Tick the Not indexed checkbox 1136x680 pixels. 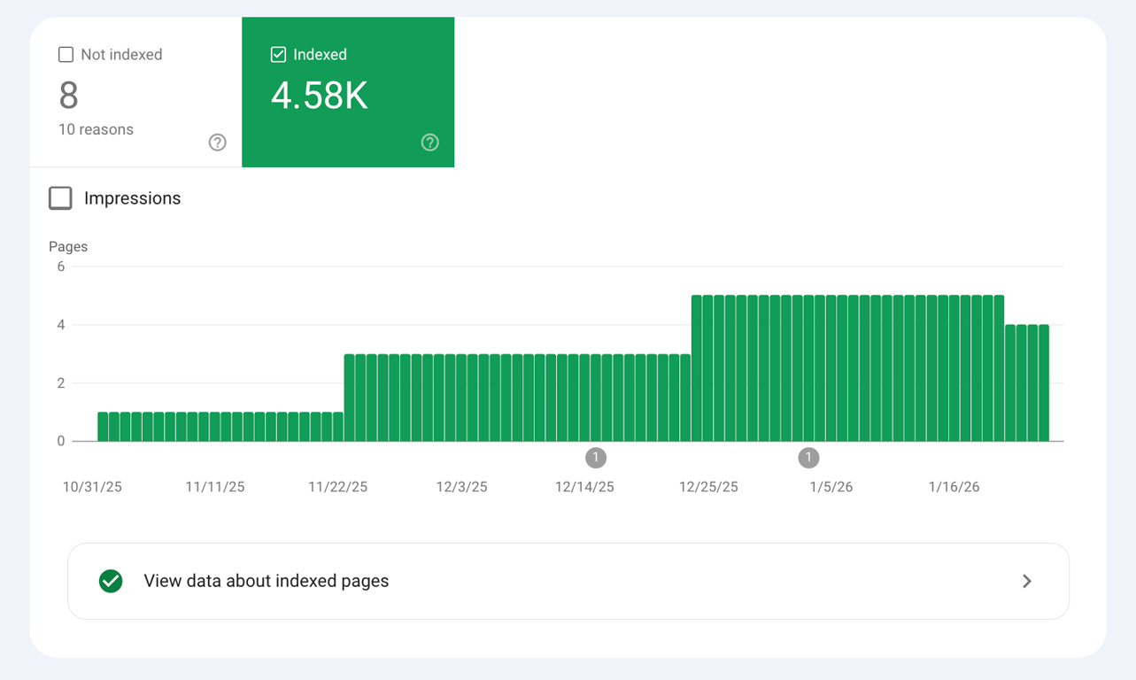(66, 55)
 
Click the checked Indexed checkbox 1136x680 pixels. (278, 55)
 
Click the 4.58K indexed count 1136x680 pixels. (319, 97)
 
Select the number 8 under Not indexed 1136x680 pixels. (68, 96)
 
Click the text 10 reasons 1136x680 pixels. (96, 129)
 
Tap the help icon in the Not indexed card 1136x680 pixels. (217, 143)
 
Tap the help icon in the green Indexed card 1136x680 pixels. (429, 143)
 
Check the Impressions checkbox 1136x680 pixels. (60, 198)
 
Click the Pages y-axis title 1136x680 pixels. (68, 246)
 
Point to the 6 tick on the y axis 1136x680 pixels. (61, 267)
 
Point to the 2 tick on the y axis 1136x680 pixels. (61, 383)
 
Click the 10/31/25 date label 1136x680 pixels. (92, 487)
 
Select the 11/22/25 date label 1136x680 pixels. (337, 487)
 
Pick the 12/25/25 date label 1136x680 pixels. (708, 487)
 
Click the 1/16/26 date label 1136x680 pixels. (954, 487)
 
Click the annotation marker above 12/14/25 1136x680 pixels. (596, 458)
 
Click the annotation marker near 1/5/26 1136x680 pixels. (808, 458)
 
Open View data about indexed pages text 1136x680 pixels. (267, 582)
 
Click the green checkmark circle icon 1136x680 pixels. (111, 582)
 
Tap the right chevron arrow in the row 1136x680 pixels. (1027, 582)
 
